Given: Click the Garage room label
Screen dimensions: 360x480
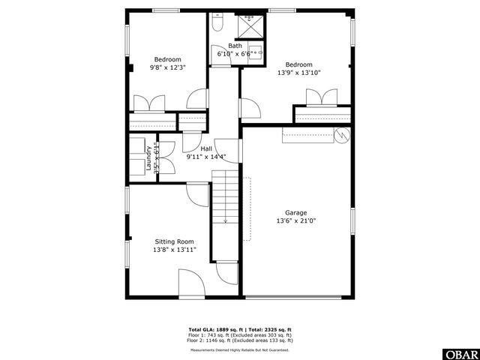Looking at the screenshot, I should (295, 212).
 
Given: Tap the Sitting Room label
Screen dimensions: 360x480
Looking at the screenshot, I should (174, 241).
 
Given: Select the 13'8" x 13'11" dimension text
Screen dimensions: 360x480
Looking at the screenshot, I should (174, 250).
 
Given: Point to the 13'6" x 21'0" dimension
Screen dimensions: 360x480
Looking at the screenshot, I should (295, 220).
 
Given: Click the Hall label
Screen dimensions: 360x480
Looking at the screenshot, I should (205, 148).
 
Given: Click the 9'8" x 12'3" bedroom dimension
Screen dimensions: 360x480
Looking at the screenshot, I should (167, 67).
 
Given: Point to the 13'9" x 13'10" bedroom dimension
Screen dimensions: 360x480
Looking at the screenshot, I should (298, 73).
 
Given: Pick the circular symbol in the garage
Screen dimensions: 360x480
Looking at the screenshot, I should (342, 136).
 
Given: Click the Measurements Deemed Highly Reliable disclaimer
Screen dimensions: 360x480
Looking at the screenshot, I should (240, 349).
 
